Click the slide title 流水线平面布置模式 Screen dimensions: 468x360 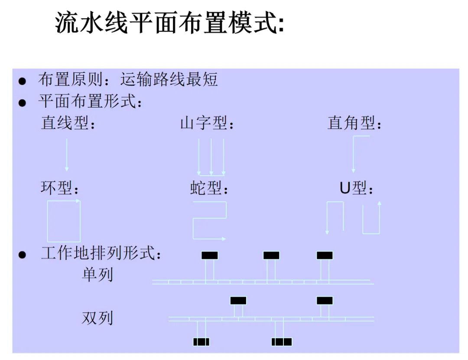click(169, 23)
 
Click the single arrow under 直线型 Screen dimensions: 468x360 click(67, 155)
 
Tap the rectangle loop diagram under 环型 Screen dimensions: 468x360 click(64, 221)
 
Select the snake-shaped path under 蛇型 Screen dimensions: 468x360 click(209, 220)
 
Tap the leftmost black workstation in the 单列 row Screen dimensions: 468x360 click(210, 255)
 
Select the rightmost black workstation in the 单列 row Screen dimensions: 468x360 click(325, 255)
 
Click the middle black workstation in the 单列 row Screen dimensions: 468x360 click(271, 255)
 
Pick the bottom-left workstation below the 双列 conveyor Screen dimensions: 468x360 click(201, 342)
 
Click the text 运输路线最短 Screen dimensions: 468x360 click(169, 80)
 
